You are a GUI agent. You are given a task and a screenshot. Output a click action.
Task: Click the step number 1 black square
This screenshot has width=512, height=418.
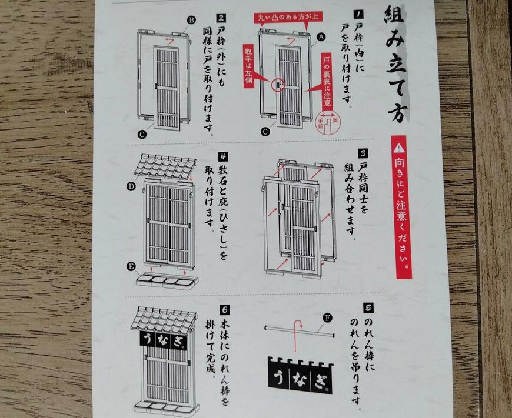point(358,14)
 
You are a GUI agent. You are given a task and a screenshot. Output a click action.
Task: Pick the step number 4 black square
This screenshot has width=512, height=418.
point(223,156)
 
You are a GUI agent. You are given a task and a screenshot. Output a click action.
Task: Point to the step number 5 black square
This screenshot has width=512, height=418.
point(368,307)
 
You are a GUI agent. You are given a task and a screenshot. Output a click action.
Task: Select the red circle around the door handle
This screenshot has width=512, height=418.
point(277,85)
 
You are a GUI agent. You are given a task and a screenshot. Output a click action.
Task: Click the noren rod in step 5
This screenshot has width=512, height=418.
point(297,332)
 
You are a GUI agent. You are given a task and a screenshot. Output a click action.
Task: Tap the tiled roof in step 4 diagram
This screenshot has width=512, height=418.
point(165,167)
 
